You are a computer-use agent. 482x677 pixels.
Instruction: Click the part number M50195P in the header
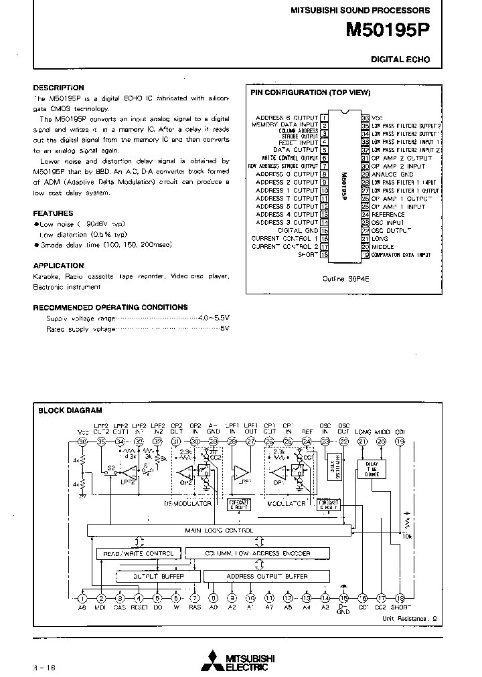[388, 30]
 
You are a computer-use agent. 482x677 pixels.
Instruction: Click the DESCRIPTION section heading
[59, 88]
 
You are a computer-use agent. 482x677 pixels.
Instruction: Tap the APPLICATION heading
[59, 266]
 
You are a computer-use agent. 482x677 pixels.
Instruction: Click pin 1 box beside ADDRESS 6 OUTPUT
[324, 118]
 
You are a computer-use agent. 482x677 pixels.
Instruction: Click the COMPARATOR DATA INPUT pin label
[402, 255]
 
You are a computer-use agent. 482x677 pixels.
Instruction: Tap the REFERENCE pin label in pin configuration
[388, 215]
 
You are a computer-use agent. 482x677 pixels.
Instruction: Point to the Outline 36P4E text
[345, 278]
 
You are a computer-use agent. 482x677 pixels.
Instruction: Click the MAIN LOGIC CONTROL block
[219, 530]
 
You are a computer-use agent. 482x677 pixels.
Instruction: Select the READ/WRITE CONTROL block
[139, 553]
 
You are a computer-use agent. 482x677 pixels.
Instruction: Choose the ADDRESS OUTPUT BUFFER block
[266, 576]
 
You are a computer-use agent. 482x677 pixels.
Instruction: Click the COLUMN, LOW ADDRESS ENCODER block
[258, 553]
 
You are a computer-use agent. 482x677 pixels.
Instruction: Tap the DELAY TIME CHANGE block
[372, 469]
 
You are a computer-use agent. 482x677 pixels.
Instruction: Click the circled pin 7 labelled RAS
[195, 599]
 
